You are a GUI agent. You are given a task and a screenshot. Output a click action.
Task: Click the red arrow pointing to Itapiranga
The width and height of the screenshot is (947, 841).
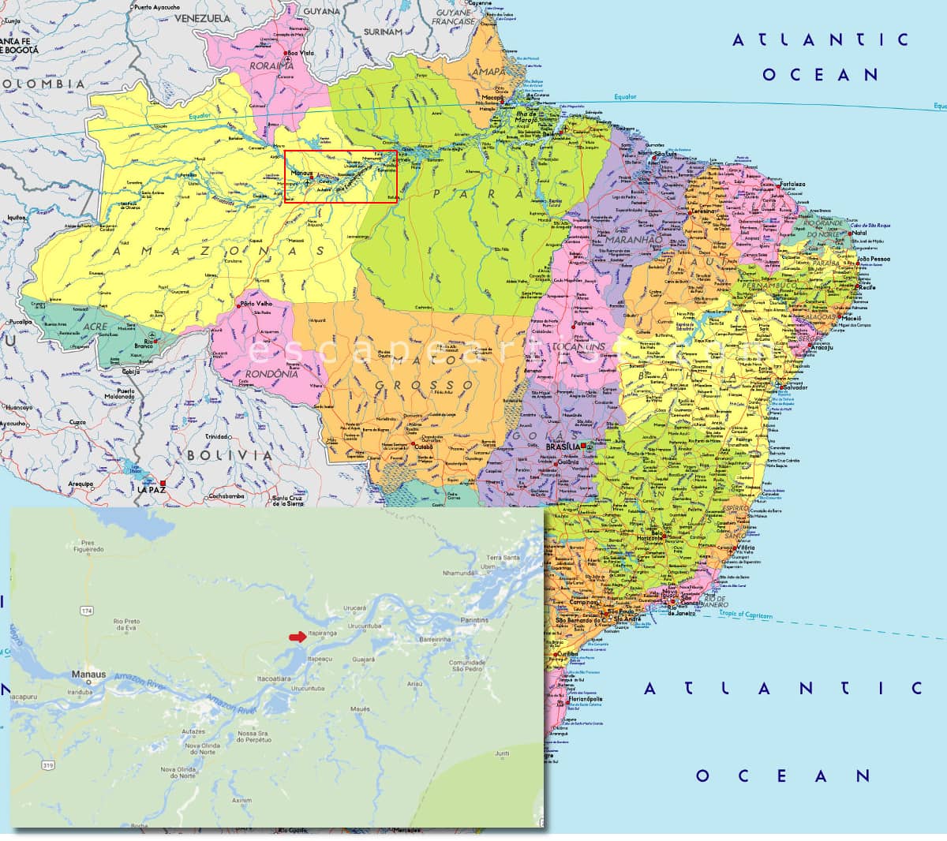tap(297, 637)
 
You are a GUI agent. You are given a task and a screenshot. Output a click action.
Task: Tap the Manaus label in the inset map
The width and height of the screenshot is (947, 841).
tap(88, 675)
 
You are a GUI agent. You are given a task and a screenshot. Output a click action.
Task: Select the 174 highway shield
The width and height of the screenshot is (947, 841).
tap(86, 611)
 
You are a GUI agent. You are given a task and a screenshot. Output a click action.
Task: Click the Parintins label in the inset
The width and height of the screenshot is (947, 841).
tap(474, 620)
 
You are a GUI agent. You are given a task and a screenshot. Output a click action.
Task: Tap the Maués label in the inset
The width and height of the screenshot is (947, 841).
tap(360, 708)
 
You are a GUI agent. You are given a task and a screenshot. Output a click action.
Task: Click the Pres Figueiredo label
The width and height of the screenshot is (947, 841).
tap(88, 547)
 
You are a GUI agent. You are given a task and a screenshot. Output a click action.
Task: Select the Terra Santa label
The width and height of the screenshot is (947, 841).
tap(503, 558)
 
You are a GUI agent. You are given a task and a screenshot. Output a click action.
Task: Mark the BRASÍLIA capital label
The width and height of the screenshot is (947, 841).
tap(563, 447)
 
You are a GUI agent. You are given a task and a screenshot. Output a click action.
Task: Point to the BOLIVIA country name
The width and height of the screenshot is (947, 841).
tap(230, 455)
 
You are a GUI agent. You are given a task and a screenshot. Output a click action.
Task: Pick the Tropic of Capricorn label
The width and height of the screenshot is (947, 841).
tap(746, 615)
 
